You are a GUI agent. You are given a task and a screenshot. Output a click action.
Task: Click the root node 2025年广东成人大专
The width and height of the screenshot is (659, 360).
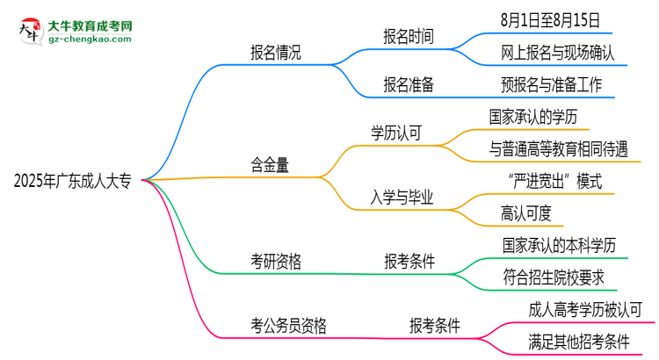pyautogui.click(x=73, y=182)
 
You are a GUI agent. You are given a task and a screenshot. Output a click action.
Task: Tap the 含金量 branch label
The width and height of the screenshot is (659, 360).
pyautogui.click(x=271, y=163)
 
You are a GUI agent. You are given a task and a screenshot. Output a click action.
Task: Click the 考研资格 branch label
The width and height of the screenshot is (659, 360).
pyautogui.click(x=276, y=261)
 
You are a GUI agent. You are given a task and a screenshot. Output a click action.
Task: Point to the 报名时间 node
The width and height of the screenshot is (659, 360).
pyautogui.click(x=408, y=37)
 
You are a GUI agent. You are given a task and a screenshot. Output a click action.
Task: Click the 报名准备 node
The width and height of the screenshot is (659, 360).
pyautogui.click(x=408, y=85)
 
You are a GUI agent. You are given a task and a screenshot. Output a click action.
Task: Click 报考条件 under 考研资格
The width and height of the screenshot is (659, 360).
pyautogui.click(x=409, y=261)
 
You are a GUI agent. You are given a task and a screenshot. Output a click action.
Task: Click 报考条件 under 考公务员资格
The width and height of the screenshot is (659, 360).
pyautogui.click(x=434, y=325)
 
